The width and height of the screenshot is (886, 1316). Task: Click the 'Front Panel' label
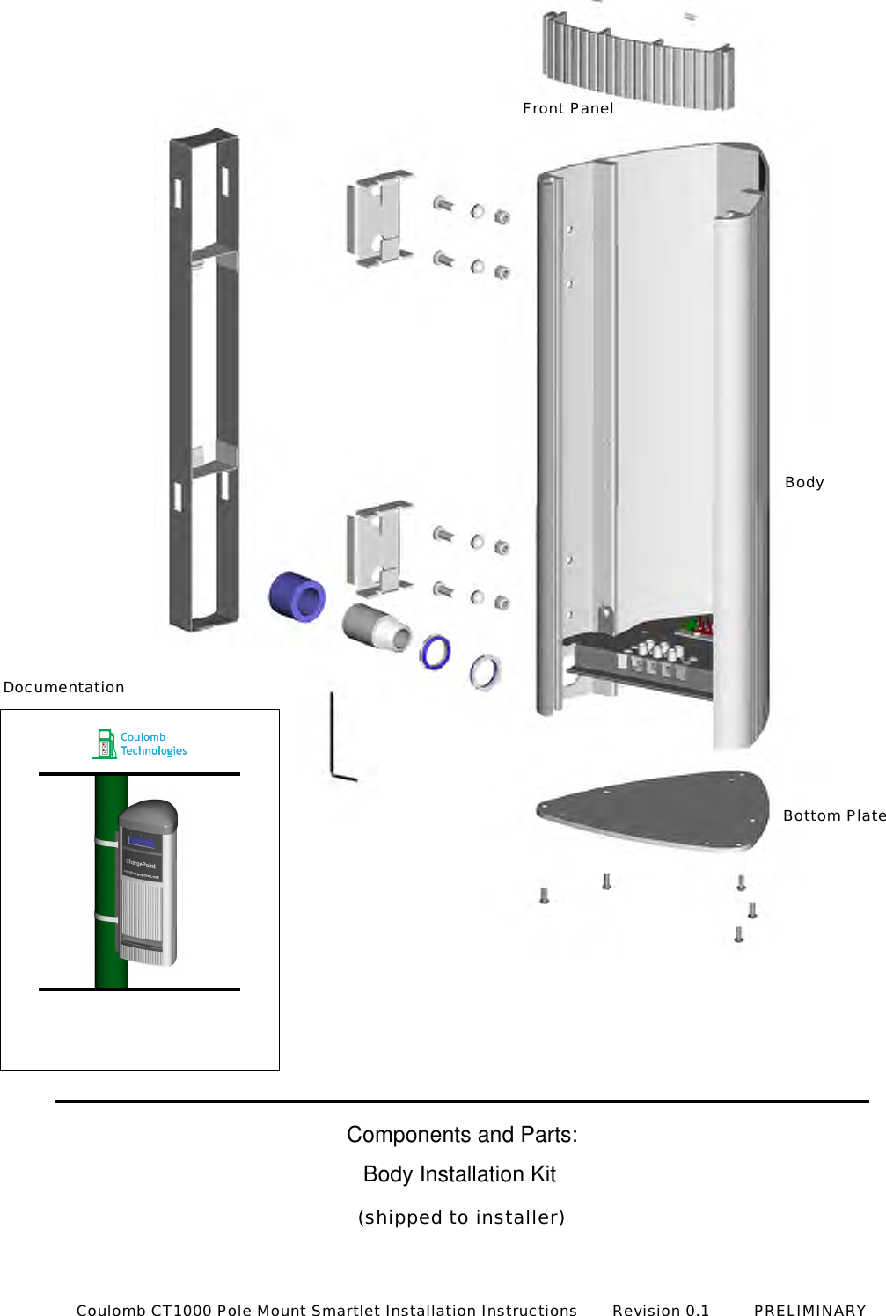pos(567,108)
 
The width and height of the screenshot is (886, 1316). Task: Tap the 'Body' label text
pos(804,482)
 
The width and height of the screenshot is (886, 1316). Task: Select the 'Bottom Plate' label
pos(833,815)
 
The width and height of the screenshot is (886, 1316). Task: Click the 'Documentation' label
pos(64,687)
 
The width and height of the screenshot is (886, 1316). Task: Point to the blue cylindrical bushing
pos(297,596)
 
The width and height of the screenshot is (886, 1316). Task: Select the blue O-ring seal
pos(436,652)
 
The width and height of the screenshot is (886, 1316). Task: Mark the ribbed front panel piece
pos(638,62)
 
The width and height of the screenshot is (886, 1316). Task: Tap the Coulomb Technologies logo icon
pos(105,744)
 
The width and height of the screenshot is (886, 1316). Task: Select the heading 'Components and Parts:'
pos(462,1135)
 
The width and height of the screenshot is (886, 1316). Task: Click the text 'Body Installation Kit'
pos(459,1174)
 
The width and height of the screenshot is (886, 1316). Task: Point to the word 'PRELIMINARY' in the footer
pos(809,1310)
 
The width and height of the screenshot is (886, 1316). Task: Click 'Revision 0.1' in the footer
pos(661,1310)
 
